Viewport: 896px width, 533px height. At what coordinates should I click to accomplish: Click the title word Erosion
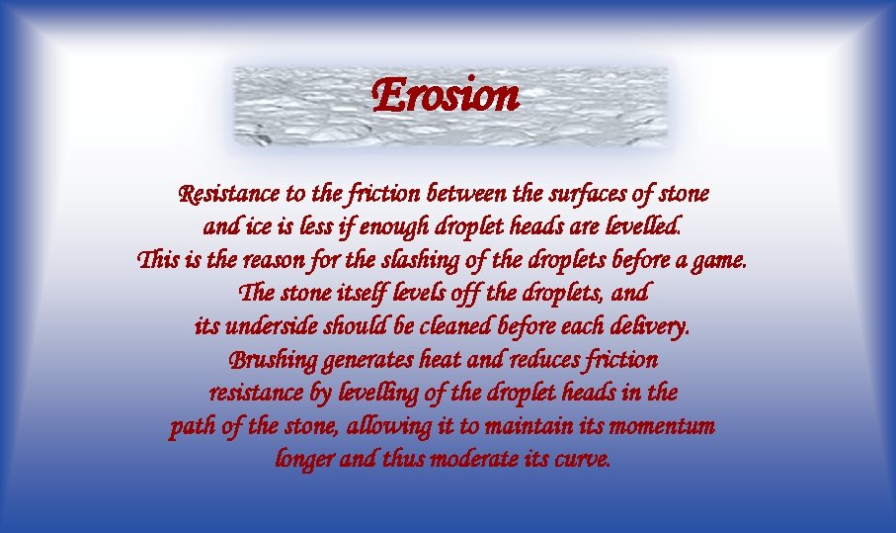(x=446, y=96)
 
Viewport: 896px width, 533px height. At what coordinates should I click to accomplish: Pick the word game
(x=721, y=261)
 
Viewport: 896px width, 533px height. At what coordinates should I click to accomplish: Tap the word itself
(x=369, y=294)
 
